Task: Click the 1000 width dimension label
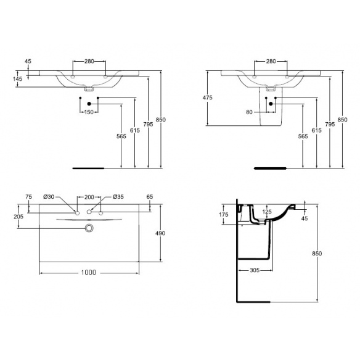[x=89, y=272]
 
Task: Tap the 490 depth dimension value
[x=160, y=233]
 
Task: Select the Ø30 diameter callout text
[x=49, y=197]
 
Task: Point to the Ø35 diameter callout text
[x=118, y=197]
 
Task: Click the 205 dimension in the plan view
[x=18, y=217]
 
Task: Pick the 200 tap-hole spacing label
[x=89, y=197]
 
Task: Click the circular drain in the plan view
[x=89, y=228]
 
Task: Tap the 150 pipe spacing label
[x=89, y=112]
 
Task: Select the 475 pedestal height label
[x=207, y=98]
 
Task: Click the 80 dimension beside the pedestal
[x=249, y=112]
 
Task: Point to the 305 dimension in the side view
[x=255, y=270]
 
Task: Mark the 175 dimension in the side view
[x=223, y=215]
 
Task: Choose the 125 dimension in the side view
[x=267, y=212]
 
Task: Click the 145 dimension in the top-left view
[x=17, y=79]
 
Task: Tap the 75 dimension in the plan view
[x=28, y=197]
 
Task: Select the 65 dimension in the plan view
[x=150, y=197]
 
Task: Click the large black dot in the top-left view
[x=89, y=104]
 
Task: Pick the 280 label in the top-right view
[x=271, y=61]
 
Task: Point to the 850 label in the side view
[x=317, y=253]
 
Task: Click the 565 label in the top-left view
[x=121, y=136]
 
